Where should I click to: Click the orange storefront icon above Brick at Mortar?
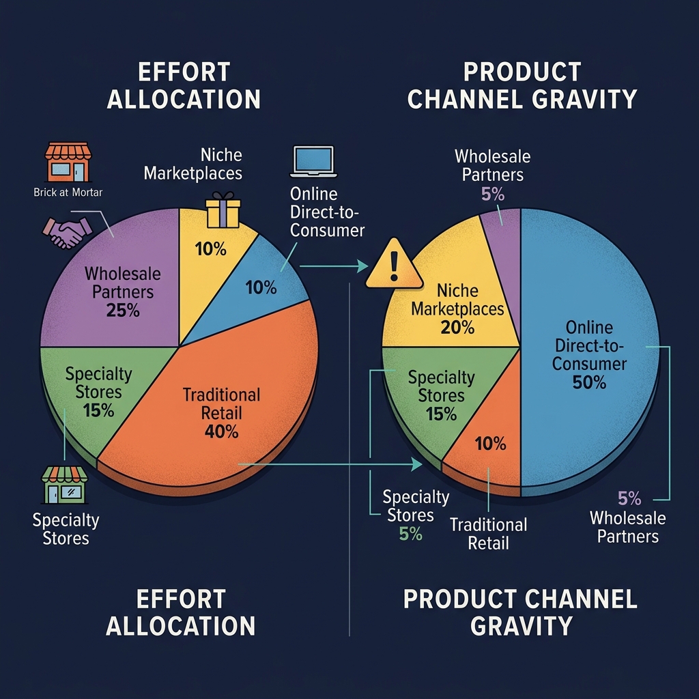tap(68, 162)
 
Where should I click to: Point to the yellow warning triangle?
tap(394, 266)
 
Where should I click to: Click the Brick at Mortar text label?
tap(68, 192)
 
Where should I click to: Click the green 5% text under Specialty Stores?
tap(410, 534)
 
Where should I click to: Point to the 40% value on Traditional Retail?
tap(221, 431)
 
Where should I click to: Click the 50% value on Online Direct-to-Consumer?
tap(589, 382)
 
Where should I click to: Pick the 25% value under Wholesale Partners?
tap(123, 311)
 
